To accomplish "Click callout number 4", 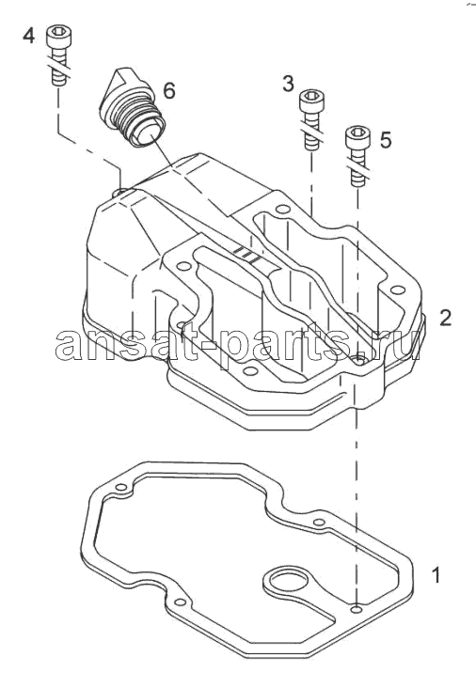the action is tap(28, 35).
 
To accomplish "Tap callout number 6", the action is tap(169, 91).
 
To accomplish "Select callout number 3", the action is tap(288, 84).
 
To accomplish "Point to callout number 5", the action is tap(385, 140).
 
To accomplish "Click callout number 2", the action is tap(445, 318).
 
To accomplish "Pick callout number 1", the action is tap(436, 575).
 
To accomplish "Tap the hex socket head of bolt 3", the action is tap(311, 99).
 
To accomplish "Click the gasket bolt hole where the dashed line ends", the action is tap(357, 610).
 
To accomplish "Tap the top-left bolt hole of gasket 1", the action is tap(119, 488).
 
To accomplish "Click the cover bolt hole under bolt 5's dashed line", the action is tap(358, 360).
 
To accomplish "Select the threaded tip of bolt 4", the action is tap(59, 79).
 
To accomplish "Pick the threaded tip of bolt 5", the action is tap(357, 179).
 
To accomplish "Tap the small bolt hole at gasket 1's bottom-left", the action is tap(179, 602).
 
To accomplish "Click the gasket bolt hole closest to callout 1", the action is tap(357, 610).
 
